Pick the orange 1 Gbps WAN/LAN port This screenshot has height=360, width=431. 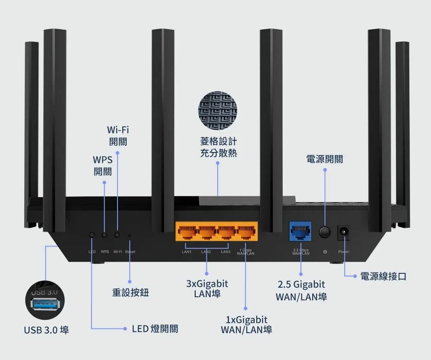pos(246,233)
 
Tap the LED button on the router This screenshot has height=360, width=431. pos(91,235)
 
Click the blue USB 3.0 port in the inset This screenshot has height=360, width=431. pos(45,305)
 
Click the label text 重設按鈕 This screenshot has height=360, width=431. pos(130,293)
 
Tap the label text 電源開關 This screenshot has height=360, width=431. pos(325,159)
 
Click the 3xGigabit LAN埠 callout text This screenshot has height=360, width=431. pos(207,289)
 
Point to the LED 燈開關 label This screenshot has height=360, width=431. pos(155,329)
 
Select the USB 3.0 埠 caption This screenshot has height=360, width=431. pos(46,331)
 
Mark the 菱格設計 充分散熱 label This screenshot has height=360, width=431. pos(219,147)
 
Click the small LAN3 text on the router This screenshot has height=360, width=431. pos(225,252)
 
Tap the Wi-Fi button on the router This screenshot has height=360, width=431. pos(117,235)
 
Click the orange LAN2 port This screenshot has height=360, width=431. pos(206,233)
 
